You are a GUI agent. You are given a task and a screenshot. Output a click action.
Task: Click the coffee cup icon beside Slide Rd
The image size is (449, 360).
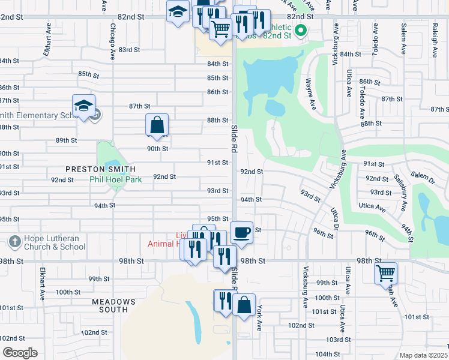(242, 232)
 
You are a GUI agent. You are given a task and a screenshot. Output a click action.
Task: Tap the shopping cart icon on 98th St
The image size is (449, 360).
(385, 273)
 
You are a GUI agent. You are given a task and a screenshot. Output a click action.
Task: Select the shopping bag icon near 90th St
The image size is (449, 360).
(157, 125)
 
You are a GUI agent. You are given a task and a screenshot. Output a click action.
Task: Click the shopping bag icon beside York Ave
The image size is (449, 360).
(244, 305)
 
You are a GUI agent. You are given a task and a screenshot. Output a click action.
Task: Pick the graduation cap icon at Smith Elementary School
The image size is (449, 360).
(83, 106)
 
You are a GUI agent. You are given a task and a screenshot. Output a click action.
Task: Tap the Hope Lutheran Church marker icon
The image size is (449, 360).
(15, 242)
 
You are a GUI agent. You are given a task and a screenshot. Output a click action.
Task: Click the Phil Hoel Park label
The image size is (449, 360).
(115, 179)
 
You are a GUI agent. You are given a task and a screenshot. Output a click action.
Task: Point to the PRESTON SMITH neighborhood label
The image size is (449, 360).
(100, 169)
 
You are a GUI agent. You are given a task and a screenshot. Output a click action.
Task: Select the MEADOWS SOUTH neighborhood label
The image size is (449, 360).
(110, 305)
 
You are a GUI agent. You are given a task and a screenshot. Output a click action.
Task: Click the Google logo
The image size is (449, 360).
(20, 352)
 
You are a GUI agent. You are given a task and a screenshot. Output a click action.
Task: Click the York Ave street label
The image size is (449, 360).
(259, 319)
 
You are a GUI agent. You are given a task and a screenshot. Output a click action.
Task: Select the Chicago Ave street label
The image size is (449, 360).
(112, 42)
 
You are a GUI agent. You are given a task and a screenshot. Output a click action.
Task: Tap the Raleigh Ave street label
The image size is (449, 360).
(433, 44)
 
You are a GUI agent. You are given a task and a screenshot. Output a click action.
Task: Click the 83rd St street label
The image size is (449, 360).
(129, 50)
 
